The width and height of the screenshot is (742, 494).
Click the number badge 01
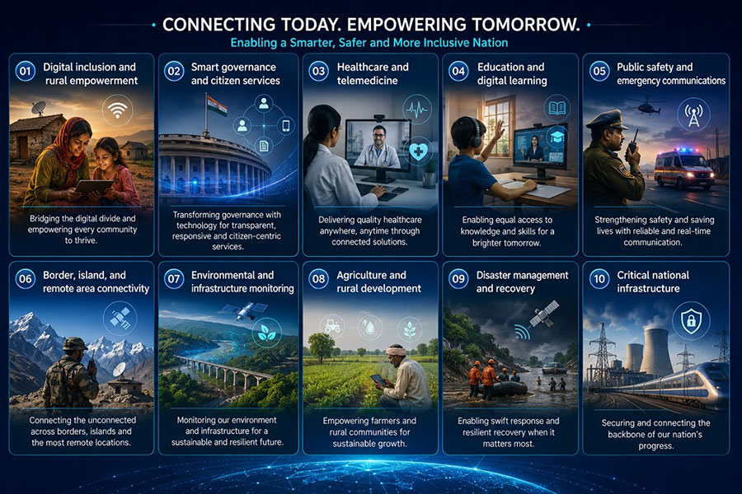(x=25, y=72)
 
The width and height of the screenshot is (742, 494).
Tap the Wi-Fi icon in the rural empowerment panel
(x=117, y=110)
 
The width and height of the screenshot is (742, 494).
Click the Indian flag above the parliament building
(x=216, y=104)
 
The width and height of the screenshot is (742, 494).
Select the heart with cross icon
(x=418, y=151)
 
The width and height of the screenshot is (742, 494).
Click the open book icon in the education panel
(x=557, y=109)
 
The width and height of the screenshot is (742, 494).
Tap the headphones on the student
(x=475, y=133)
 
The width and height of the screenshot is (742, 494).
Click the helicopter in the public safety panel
(x=646, y=106)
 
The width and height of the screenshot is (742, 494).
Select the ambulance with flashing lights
(x=684, y=169)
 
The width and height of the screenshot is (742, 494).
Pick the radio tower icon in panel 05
(x=693, y=114)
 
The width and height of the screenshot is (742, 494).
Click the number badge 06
(x=25, y=279)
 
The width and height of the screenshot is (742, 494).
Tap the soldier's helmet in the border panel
(x=75, y=343)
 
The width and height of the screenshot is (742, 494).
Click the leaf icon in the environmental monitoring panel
(x=267, y=333)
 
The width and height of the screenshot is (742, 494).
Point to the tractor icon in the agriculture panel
(x=332, y=326)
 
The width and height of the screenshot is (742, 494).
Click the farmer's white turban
(x=396, y=350)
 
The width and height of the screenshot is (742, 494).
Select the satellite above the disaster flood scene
(x=545, y=314)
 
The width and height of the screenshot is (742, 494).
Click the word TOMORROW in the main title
(x=524, y=25)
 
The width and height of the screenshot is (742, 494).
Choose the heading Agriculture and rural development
(x=378, y=282)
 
